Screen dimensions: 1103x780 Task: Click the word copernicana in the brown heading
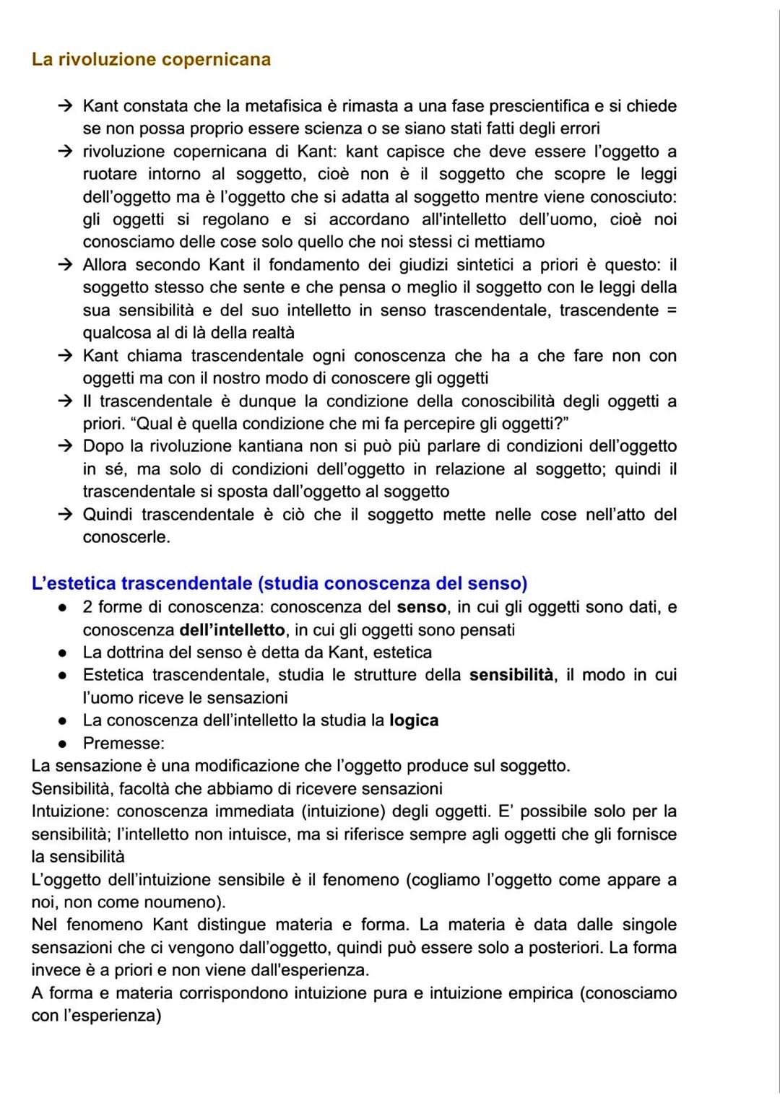pos(216,59)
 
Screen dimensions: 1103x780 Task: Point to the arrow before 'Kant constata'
pos(66,106)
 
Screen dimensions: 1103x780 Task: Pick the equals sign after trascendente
pos(672,310)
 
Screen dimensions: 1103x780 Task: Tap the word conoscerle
pos(126,537)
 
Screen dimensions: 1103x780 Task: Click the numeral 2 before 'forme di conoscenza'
pos(87,607)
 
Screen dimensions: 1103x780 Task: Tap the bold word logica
pos(414,720)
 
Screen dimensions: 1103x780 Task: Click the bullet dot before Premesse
pos(64,744)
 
